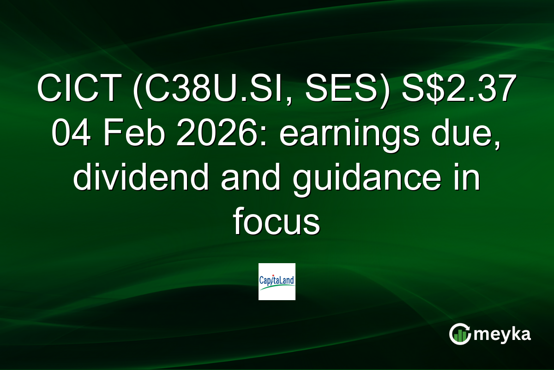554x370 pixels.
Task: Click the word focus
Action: pyautogui.click(x=277, y=223)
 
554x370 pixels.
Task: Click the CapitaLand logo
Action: pyautogui.click(x=277, y=282)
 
